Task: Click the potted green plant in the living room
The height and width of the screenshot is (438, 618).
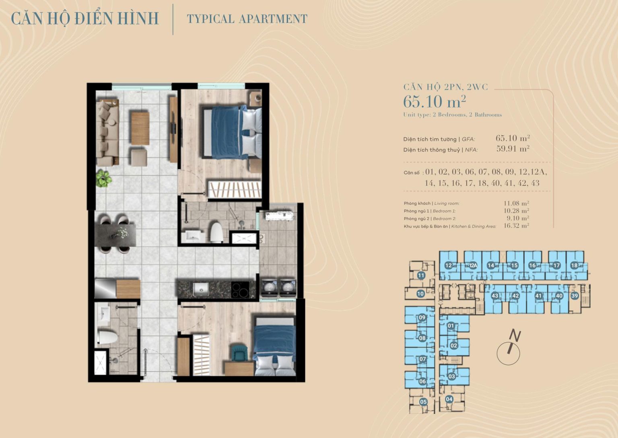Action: click(104, 179)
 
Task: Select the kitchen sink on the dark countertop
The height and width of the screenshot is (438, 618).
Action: click(201, 289)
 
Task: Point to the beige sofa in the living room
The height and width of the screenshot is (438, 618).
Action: click(107, 133)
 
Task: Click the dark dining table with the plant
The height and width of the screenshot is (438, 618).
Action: click(115, 235)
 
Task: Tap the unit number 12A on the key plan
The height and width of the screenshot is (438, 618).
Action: click(473, 265)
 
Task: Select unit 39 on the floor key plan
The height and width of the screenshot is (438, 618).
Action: click(575, 296)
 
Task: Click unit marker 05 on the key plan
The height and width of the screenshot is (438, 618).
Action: click(423, 402)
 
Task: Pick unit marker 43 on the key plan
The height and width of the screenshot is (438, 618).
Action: click(495, 296)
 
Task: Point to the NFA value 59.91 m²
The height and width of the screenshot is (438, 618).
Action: click(513, 149)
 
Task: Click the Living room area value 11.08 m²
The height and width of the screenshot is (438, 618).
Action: click(516, 203)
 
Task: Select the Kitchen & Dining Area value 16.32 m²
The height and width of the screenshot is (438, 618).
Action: click(516, 226)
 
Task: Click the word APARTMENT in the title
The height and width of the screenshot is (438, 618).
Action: click(273, 19)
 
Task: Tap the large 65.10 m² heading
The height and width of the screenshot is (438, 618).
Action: click(435, 101)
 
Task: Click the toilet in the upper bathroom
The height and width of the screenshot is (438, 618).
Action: click(217, 232)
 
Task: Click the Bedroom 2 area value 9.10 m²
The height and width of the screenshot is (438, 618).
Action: click(518, 218)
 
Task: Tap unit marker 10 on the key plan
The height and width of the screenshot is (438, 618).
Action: click(420, 294)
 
